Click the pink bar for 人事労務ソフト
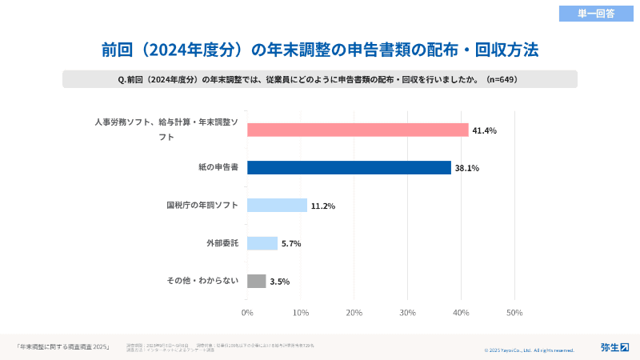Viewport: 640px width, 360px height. coord(358,130)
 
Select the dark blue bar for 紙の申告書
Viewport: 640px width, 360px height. coord(349,167)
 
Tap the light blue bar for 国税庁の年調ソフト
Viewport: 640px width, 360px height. coord(277,206)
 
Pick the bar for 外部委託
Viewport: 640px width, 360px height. coord(262,243)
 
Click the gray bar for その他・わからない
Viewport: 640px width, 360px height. coord(256,281)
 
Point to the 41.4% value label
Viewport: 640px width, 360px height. coord(484,130)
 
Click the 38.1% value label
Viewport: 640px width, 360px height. coord(466,168)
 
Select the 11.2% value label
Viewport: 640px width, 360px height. coord(322,206)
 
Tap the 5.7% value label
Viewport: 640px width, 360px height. coord(291,244)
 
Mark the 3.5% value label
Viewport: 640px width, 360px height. coord(280,282)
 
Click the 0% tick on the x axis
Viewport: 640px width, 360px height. coord(247,313)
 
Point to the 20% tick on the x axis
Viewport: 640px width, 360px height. coord(354,313)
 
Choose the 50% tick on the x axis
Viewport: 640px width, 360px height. coord(514,313)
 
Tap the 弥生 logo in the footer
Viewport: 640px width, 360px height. coord(614,346)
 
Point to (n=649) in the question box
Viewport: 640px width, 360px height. coord(507,79)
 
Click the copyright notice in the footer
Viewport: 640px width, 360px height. coord(529,350)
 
